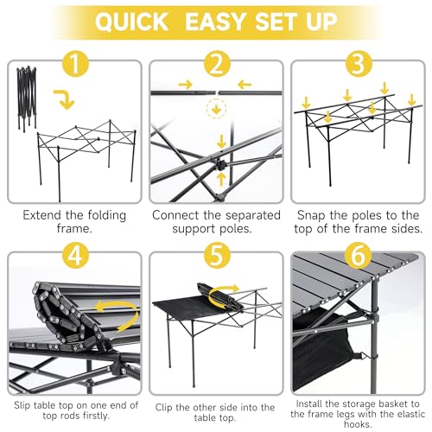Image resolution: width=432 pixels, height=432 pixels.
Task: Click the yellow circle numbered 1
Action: pos(74,64)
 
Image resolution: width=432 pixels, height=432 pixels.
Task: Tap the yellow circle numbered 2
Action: pos(217,64)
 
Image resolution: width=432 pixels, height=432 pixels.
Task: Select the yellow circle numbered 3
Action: pos(359,64)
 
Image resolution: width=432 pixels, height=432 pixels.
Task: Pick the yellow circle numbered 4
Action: pos(74,256)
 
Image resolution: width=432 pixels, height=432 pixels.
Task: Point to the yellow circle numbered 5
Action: pos(217,256)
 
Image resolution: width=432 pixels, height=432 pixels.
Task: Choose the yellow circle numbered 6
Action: pos(359,256)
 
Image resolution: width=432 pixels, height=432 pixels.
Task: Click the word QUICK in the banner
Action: pos(131,22)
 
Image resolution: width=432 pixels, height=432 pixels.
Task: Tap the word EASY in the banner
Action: pos(215,22)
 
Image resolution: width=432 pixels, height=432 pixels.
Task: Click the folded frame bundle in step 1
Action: pos(27,98)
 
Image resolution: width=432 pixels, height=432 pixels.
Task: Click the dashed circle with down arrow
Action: pos(216,109)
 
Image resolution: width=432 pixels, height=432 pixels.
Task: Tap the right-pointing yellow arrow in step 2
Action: pos(186,85)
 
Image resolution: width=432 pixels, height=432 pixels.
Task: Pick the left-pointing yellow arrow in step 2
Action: pos(245,85)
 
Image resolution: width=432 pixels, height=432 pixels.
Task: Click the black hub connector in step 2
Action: pos(221,165)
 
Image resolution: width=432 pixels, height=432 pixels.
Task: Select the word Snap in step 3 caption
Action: pos(312,216)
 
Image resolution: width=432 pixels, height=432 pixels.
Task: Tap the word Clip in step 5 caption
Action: pos(164,408)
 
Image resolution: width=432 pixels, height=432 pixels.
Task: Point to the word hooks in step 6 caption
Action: pos(358,424)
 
